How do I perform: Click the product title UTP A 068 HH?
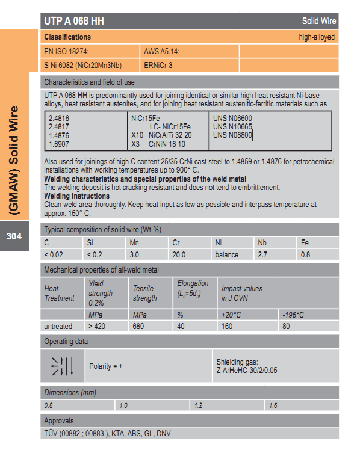click(x=74, y=21)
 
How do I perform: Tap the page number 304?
click(x=14, y=236)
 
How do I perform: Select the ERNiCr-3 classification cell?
click(x=159, y=65)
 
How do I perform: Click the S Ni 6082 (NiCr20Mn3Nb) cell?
click(x=88, y=65)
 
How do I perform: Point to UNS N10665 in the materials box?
click(x=232, y=127)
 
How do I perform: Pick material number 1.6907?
click(x=58, y=144)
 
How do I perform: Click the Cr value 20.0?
click(x=180, y=254)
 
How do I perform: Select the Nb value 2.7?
click(x=262, y=254)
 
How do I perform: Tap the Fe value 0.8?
click(x=305, y=254)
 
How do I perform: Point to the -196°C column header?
click(x=294, y=315)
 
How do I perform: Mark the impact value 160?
click(x=227, y=326)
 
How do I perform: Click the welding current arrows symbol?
click(x=61, y=366)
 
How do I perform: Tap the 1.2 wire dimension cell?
click(x=199, y=406)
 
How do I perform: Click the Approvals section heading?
click(x=59, y=420)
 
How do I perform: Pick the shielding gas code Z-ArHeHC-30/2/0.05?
click(x=247, y=370)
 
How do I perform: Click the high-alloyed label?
click(x=317, y=37)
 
